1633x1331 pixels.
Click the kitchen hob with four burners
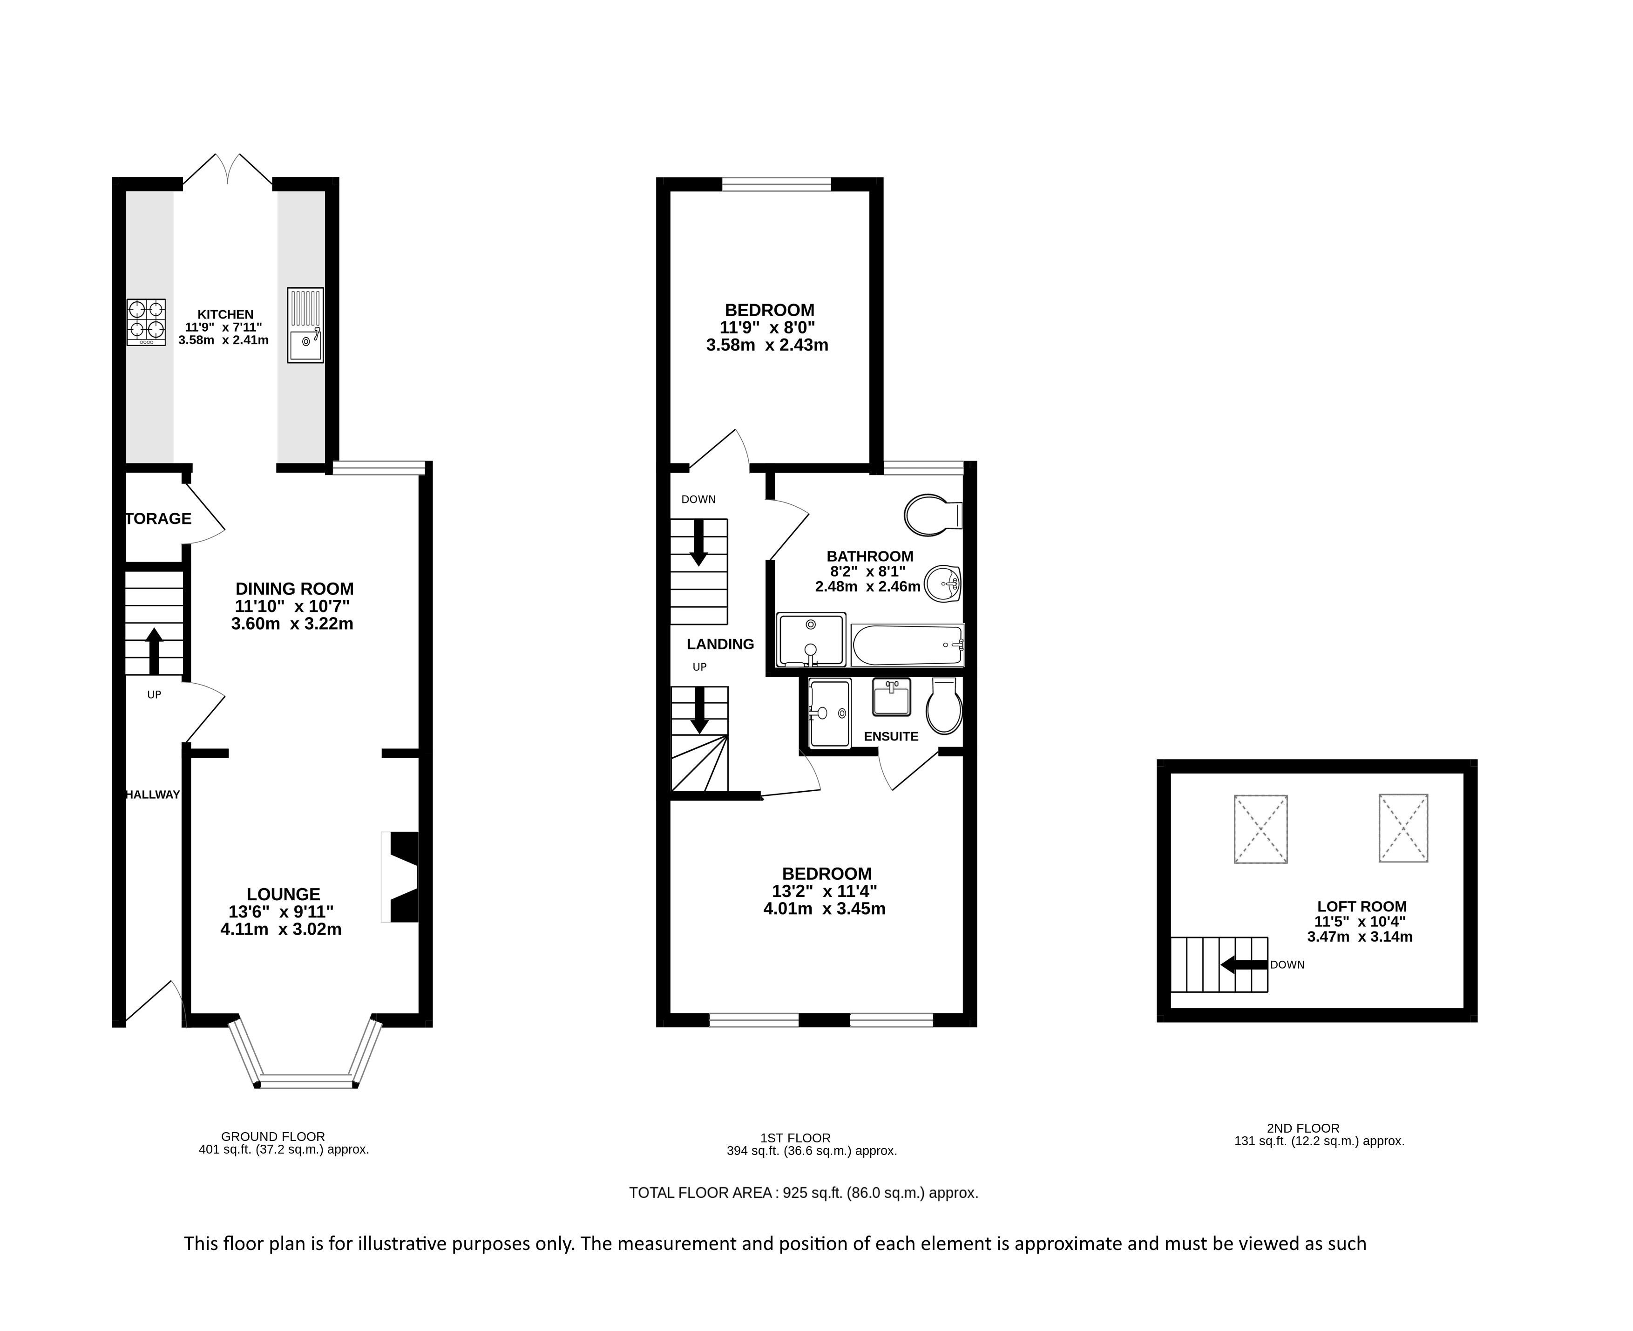pyautogui.click(x=146, y=322)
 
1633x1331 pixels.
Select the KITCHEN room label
pyautogui.click(x=225, y=314)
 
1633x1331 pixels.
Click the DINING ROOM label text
pyautogui.click(x=294, y=589)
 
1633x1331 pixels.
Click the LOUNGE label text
pyautogui.click(x=284, y=894)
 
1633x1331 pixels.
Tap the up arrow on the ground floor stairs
pyautogui.click(x=154, y=651)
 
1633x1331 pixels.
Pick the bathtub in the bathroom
pyautogui.click(x=908, y=645)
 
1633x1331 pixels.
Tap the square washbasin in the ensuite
pyautogui.click(x=892, y=697)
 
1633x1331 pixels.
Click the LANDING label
pyautogui.click(x=721, y=644)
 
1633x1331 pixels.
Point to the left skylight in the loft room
pyautogui.click(x=1260, y=829)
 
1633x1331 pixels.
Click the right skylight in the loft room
pyautogui.click(x=1403, y=828)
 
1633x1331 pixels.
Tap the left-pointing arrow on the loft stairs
pyautogui.click(x=1244, y=964)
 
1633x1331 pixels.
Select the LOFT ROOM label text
pyautogui.click(x=1362, y=906)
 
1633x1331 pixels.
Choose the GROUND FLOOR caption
pyautogui.click(x=273, y=1137)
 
